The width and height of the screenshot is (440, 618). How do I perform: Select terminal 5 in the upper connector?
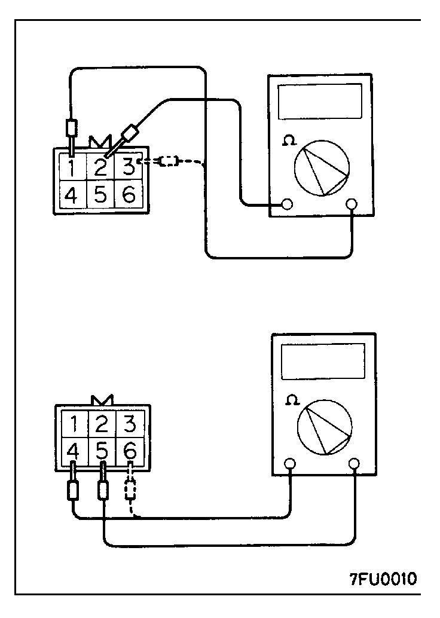(x=100, y=195)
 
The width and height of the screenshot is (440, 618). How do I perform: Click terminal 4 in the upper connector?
(x=71, y=195)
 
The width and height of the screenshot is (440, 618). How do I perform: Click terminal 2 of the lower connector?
(x=102, y=425)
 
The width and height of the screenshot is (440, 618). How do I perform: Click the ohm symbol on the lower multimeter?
(x=292, y=400)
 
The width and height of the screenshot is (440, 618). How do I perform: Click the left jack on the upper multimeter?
(x=288, y=204)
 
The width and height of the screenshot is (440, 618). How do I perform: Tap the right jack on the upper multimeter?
(x=353, y=204)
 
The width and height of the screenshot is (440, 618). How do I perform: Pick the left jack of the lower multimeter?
(x=291, y=463)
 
